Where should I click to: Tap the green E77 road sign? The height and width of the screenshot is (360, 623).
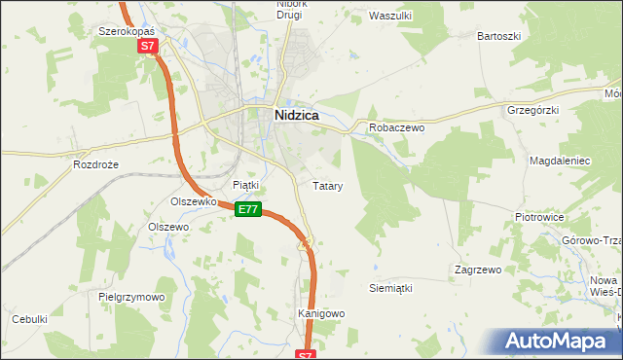coord(248,209)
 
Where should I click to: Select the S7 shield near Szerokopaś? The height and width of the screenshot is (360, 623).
coord(147,46)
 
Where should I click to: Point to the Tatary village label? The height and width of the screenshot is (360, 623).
coord(326,185)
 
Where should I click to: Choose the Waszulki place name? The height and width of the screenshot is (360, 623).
coord(392,16)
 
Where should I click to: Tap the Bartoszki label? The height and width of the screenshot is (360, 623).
coord(499,36)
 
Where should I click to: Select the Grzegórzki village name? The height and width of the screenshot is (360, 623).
coord(532,110)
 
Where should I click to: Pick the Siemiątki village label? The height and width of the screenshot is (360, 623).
coord(392,288)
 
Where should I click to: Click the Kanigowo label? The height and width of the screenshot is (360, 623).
coord(321,313)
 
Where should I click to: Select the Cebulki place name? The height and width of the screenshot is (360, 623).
coord(29,319)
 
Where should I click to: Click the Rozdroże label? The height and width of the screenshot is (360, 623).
coord(95,164)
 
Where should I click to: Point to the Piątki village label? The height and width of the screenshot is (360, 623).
coord(245,184)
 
